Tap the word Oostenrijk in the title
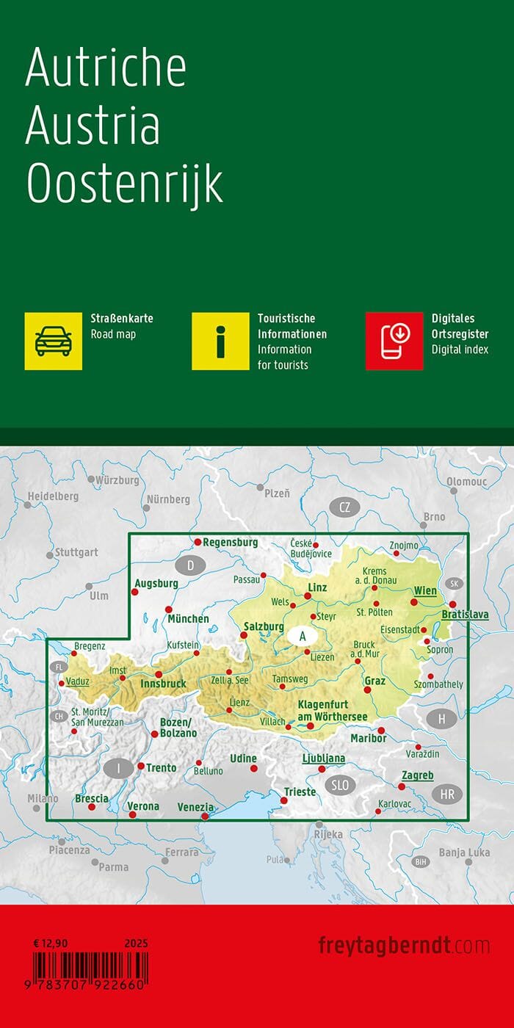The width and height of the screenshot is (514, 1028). (124, 184)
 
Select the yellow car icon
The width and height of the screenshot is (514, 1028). (54, 341)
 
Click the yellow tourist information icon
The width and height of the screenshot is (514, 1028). (220, 341)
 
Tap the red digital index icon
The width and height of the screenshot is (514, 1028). (394, 341)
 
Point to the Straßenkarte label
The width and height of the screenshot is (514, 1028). (121, 319)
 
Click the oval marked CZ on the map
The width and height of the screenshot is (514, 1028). (344, 507)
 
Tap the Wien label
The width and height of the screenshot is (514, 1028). (425, 590)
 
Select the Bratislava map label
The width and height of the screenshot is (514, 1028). (465, 614)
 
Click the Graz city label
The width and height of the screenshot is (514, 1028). (374, 681)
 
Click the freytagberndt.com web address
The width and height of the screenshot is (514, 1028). (404, 945)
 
